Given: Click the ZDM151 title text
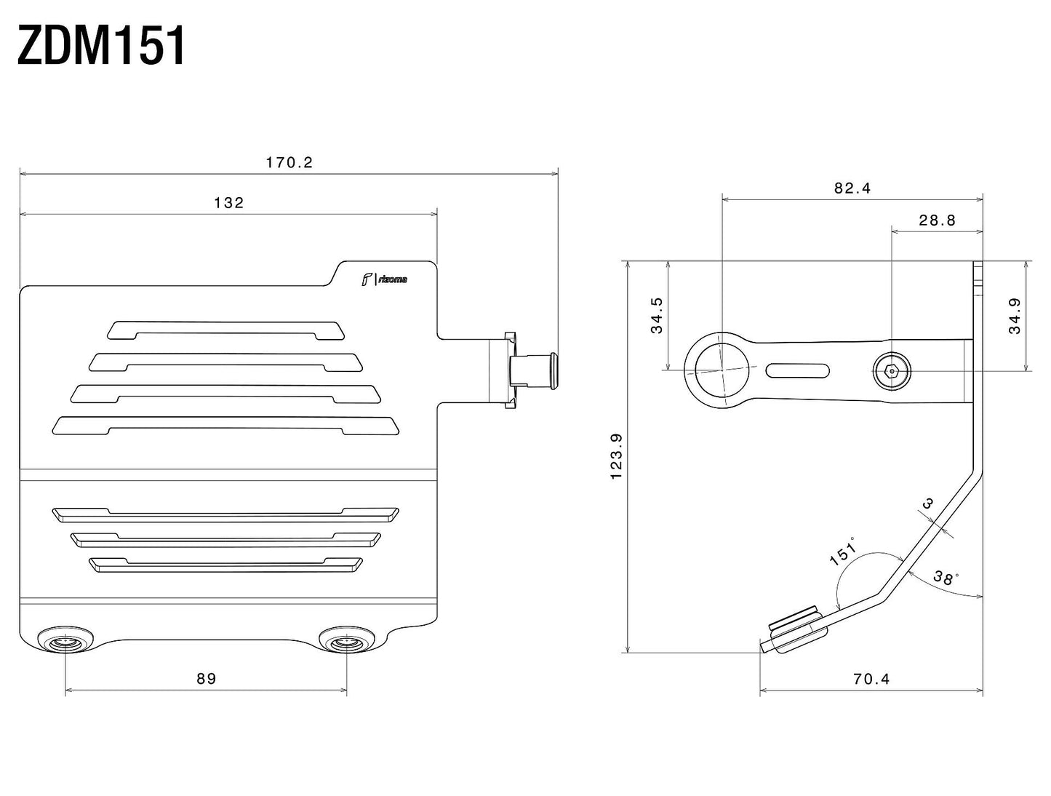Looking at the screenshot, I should [x=102, y=47].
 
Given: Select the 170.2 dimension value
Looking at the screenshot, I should [x=289, y=162].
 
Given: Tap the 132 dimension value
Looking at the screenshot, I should [x=229, y=203].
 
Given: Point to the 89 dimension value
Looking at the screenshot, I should [x=207, y=679].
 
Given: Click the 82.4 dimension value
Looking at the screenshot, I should [x=852, y=188].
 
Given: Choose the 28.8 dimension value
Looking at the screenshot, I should [x=937, y=220].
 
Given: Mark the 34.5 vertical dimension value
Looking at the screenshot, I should [x=657, y=315].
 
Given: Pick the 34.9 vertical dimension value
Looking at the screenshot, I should [x=1015, y=317].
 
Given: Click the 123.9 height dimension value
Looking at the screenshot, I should [x=617, y=456].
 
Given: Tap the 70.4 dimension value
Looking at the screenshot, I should [x=871, y=679].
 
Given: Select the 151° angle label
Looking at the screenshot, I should [x=843, y=551].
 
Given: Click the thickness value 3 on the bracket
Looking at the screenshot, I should [x=927, y=503].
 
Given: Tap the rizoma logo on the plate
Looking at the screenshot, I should [x=385, y=279].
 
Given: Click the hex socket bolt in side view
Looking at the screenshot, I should [x=892, y=371].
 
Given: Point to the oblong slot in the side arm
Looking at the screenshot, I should [x=798, y=370].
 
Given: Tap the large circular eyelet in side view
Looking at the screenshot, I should [x=722, y=369].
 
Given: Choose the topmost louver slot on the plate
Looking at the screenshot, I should [x=225, y=329].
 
